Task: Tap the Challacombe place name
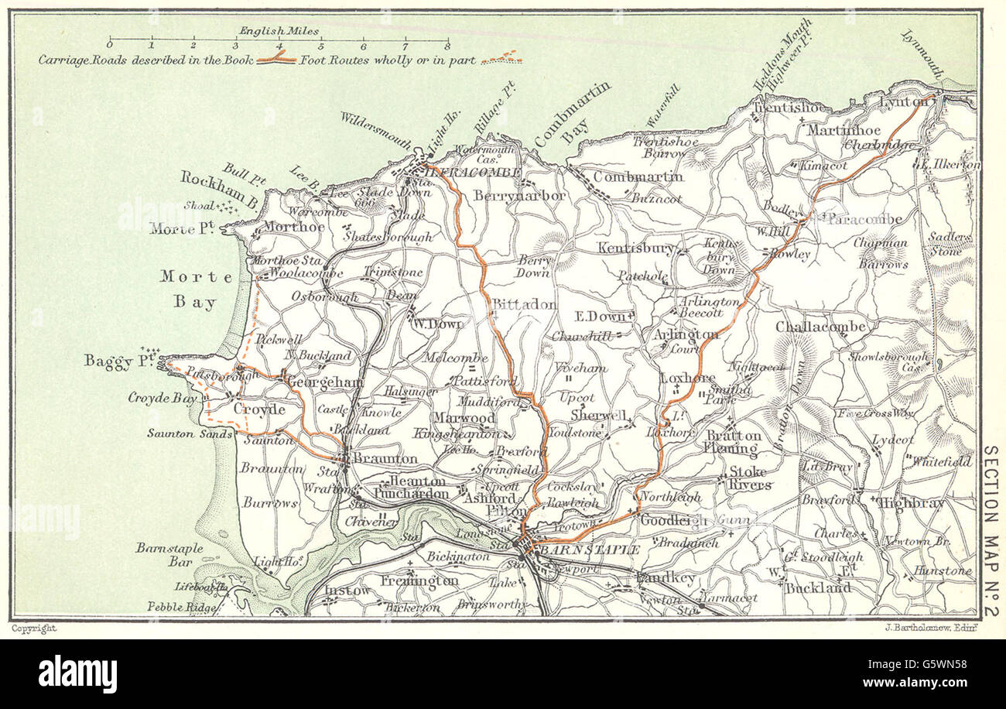[x=820, y=327]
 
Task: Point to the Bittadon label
[x=524, y=304]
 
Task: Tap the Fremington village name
[x=419, y=580]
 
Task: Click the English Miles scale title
[x=279, y=31]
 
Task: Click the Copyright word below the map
[x=33, y=629]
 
